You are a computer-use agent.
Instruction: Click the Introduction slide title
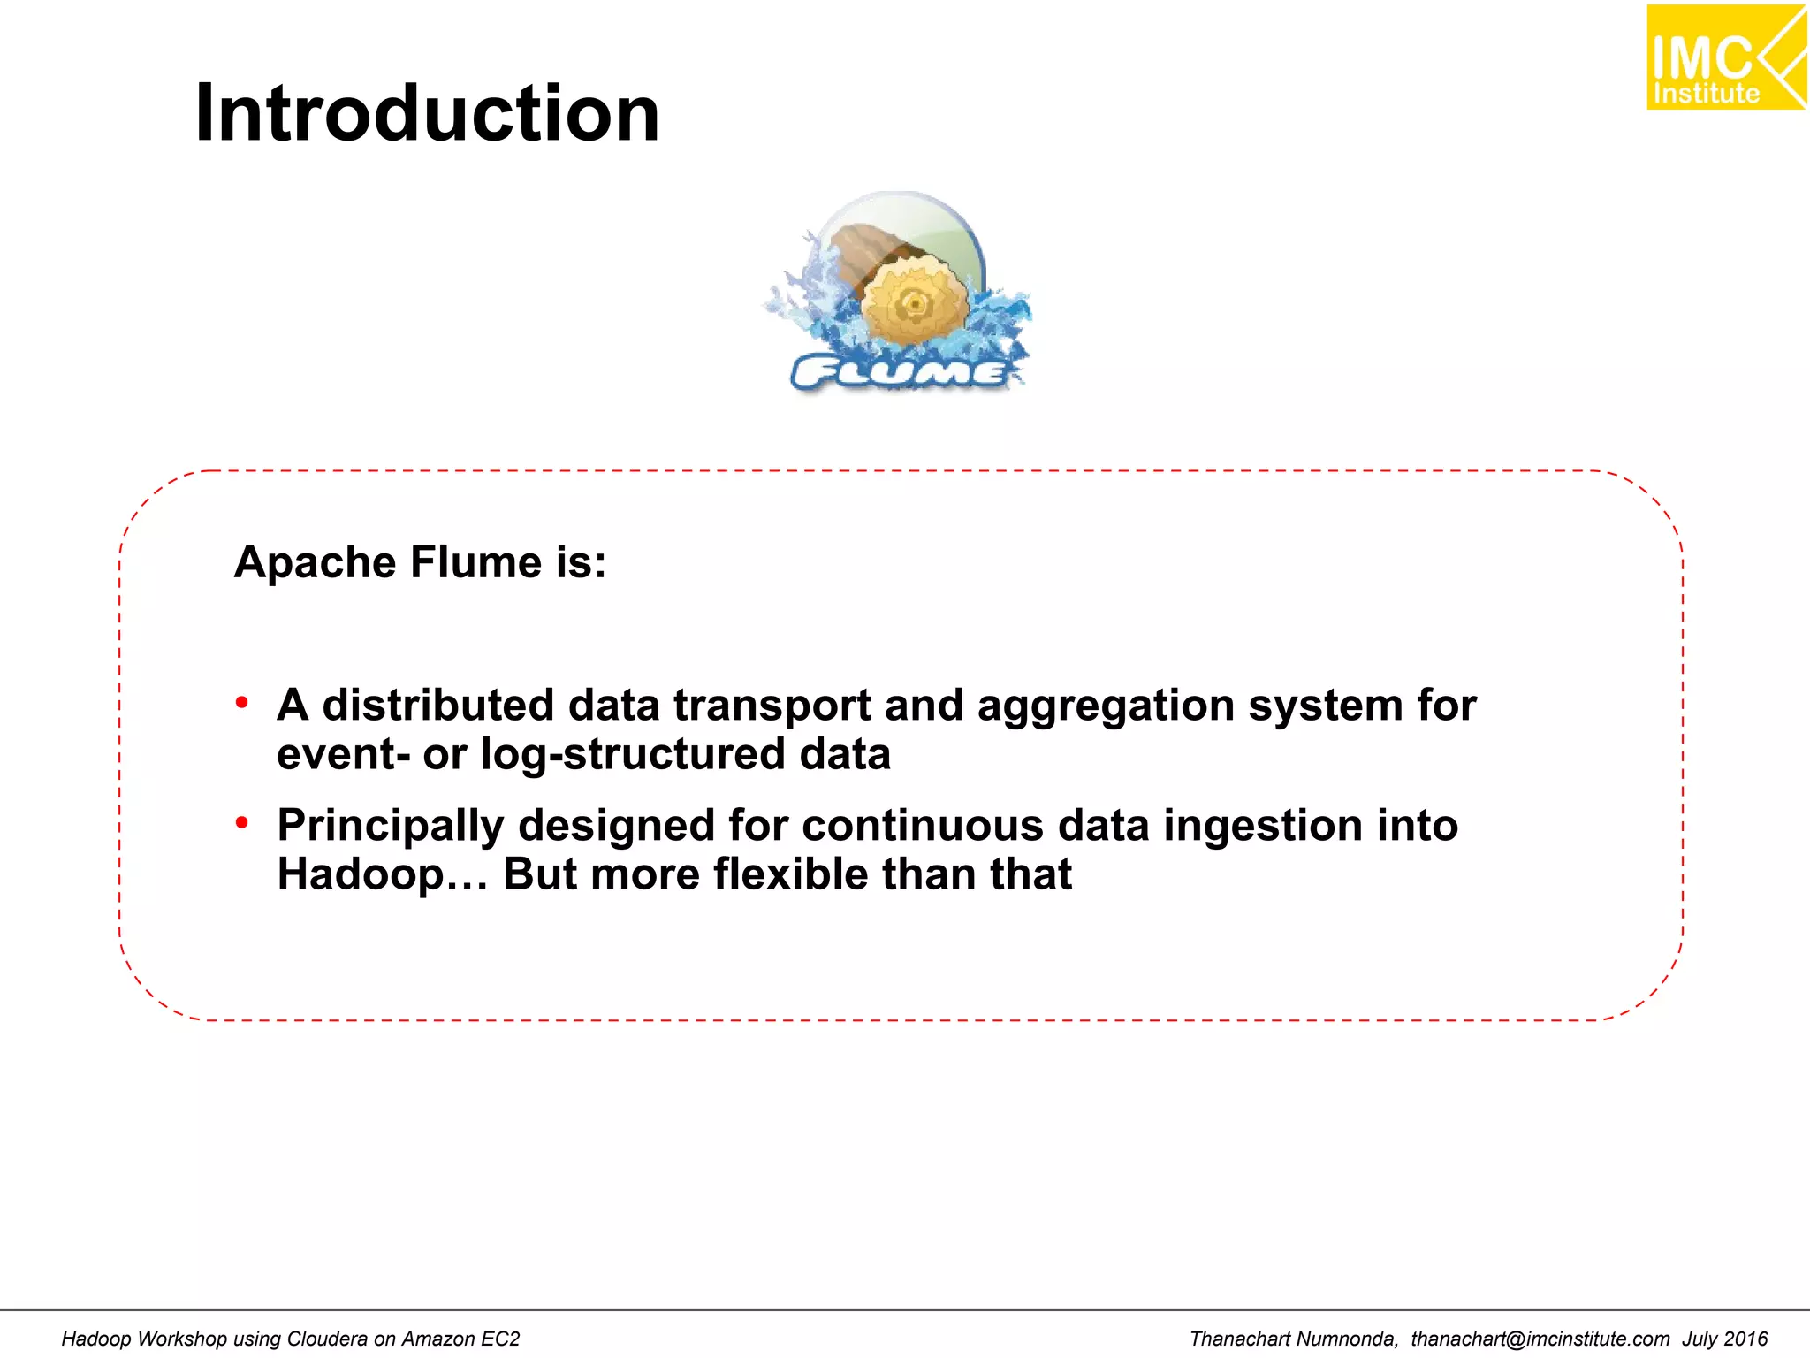427,113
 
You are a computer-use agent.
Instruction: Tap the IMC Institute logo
1724,58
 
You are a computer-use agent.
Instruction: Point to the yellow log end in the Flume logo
914,303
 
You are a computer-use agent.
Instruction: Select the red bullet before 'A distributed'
242,703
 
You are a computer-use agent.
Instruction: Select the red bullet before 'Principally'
242,823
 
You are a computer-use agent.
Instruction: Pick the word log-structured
633,754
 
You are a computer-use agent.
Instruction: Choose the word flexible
790,874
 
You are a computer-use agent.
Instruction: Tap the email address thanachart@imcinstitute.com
1540,1339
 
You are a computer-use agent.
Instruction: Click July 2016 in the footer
1723,1339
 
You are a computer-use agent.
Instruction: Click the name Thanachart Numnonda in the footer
1292,1339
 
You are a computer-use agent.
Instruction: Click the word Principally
390,826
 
